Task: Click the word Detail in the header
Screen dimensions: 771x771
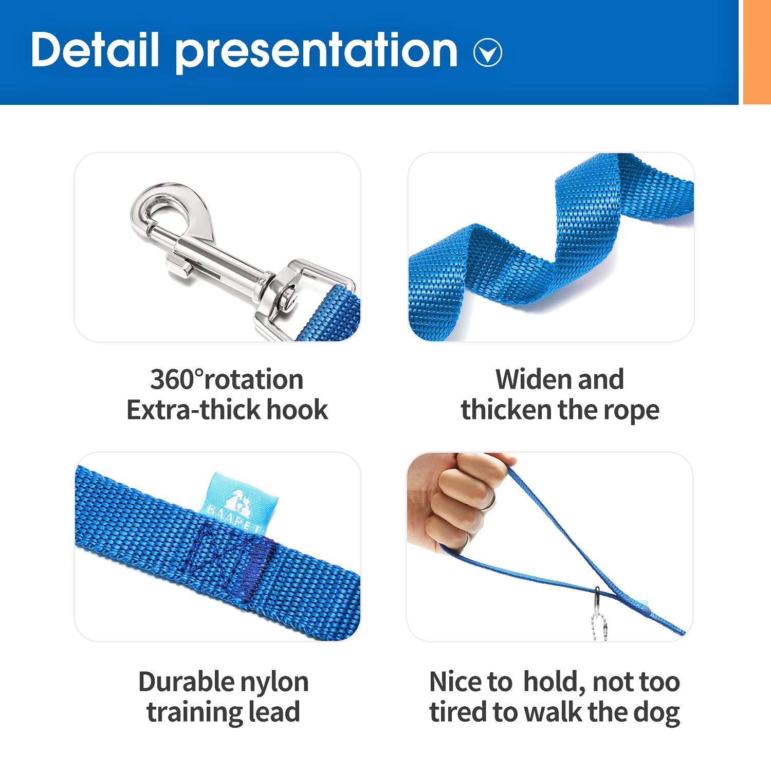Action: tap(95, 50)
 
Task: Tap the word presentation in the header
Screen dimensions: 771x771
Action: tap(316, 51)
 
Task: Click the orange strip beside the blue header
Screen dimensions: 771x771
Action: tap(757, 51)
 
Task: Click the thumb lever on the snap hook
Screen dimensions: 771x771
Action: tap(177, 265)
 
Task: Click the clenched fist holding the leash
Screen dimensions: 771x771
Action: tap(457, 501)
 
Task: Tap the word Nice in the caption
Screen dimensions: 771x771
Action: tap(454, 682)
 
